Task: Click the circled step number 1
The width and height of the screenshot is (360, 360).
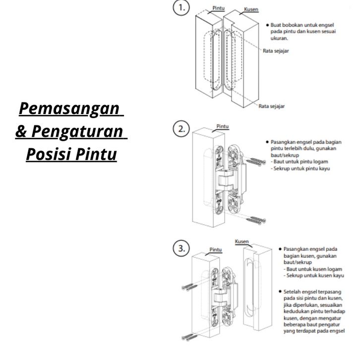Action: pos(181,8)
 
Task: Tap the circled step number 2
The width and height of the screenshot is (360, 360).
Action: pos(181,129)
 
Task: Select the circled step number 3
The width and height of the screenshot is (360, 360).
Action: pos(181,247)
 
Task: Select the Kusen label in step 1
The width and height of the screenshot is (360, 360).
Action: pos(251,9)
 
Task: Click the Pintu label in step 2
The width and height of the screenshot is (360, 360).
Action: pos(223,126)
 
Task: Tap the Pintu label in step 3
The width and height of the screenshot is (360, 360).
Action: pos(215,249)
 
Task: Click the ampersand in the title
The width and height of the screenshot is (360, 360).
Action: pos(22,132)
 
